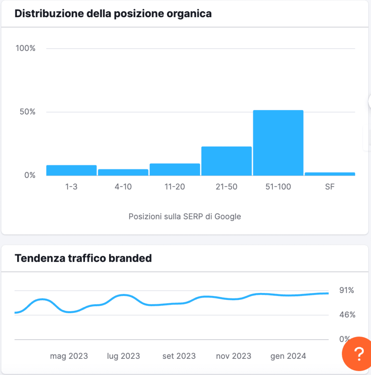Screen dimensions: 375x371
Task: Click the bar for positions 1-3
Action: point(71,170)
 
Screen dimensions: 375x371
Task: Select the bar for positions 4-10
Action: point(123,172)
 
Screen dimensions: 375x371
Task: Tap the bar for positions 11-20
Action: point(175,170)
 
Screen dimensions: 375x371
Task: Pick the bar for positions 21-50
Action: point(226,161)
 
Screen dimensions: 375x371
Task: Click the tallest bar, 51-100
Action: point(278,143)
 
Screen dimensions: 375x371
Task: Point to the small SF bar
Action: point(330,174)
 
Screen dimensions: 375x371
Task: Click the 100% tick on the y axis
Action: point(25,48)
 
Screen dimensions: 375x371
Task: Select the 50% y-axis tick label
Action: point(27,112)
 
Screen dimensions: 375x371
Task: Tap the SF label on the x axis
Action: point(330,187)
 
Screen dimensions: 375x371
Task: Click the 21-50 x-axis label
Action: point(226,187)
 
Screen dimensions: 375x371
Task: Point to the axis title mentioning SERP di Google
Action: point(185,216)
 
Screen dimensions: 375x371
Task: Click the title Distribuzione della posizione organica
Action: point(113,14)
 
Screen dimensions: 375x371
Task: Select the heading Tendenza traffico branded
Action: point(83,258)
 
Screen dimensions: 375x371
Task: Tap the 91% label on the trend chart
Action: point(346,290)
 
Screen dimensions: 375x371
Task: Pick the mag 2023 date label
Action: point(69,356)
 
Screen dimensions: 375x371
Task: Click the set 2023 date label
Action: point(179,356)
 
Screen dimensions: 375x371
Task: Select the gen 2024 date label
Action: point(288,356)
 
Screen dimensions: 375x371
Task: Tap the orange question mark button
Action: point(358,354)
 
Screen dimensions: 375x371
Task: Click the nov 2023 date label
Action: point(234,356)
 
